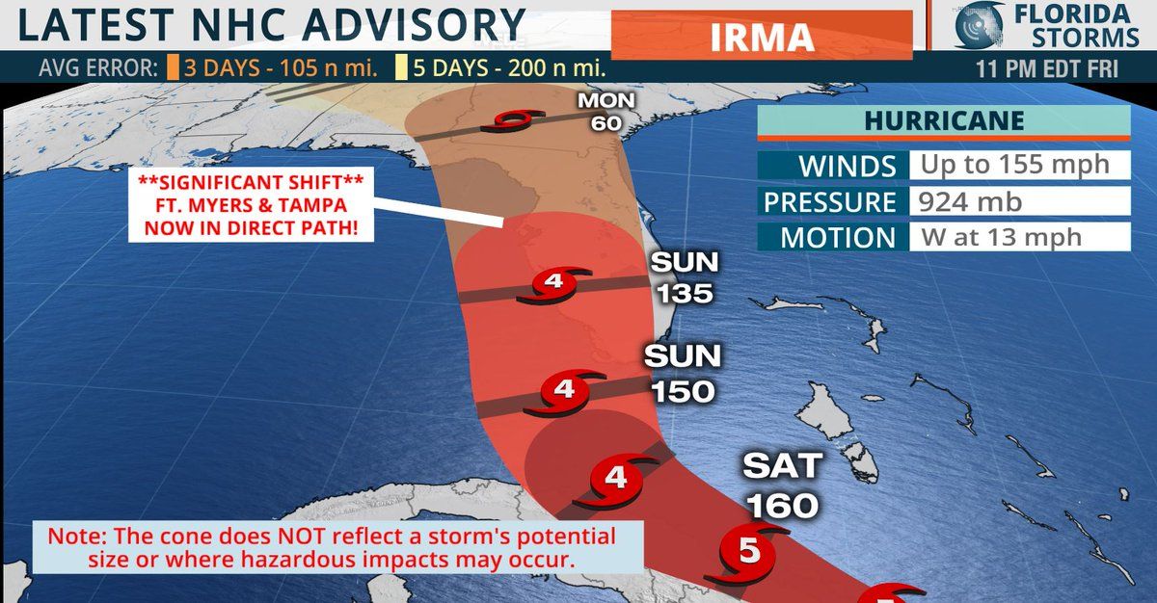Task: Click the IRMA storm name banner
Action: click(x=762, y=36)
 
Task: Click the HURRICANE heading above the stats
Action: click(x=943, y=121)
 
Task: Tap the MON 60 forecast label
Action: click(x=596, y=112)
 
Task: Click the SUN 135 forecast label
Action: click(x=684, y=277)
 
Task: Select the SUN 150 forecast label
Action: click(x=683, y=374)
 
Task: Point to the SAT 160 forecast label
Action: click(x=781, y=485)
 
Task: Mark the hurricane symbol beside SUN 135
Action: click(x=553, y=284)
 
